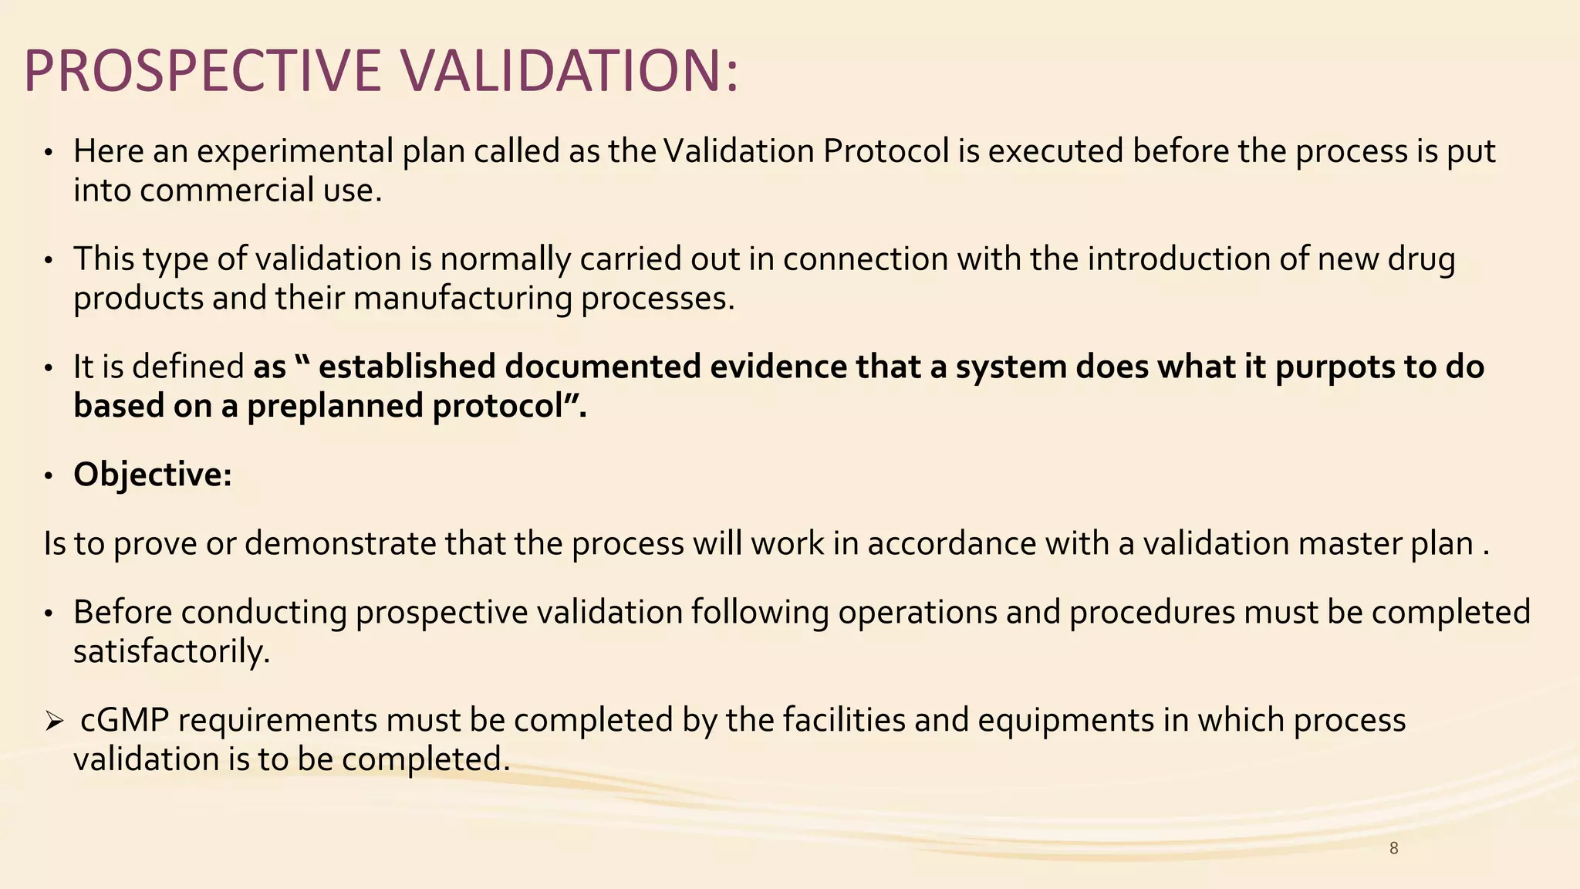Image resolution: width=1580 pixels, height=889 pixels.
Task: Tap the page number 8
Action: (1393, 849)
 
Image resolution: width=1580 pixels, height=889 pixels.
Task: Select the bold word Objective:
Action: (153, 475)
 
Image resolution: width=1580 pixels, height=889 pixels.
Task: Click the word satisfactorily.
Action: (171, 652)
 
